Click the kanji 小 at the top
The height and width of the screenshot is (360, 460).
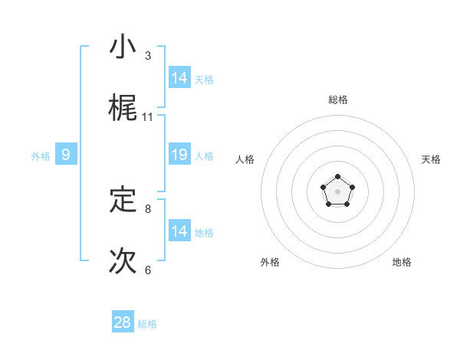pyautogui.click(x=123, y=47)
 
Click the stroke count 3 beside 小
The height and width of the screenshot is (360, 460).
pyautogui.click(x=148, y=56)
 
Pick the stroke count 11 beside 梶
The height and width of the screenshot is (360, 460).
pyautogui.click(x=148, y=116)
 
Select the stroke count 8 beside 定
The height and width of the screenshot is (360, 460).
pyautogui.click(x=148, y=208)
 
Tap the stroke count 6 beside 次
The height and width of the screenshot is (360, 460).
pyautogui.click(x=148, y=270)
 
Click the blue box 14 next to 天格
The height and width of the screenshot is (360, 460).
pyautogui.click(x=179, y=77)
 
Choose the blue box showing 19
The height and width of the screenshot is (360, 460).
pyautogui.click(x=179, y=155)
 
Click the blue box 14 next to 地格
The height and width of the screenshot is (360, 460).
pyautogui.click(x=179, y=231)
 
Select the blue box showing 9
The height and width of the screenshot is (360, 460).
pyautogui.click(x=66, y=155)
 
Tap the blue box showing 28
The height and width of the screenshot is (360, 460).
pyautogui.click(x=123, y=322)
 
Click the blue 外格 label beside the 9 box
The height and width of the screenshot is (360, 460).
pyautogui.click(x=41, y=156)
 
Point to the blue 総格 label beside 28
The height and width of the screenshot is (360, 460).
pyautogui.click(x=147, y=324)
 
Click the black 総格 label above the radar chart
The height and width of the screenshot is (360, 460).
pyautogui.click(x=337, y=100)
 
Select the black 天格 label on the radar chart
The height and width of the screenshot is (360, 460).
pyautogui.click(x=432, y=159)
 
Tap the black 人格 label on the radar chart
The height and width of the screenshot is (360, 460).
pyautogui.click(x=245, y=159)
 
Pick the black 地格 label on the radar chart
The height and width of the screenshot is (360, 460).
pyautogui.click(x=402, y=262)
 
